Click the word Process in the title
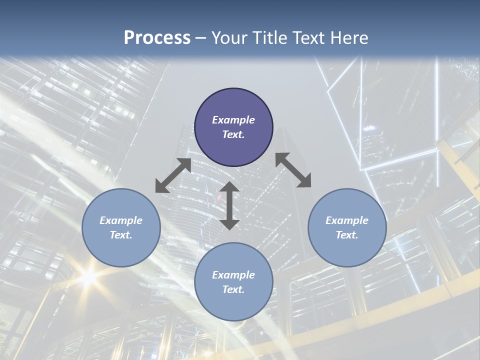coord(157,38)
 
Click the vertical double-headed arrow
coord(229,205)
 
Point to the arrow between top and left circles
coord(173,175)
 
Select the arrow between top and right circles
coord(293,170)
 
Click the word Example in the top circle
coord(233,120)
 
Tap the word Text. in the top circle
coord(233,134)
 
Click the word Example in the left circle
coord(121,220)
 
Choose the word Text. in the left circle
coord(121,235)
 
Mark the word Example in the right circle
coord(347,220)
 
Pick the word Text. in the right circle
coord(347,235)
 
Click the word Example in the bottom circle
coord(233,275)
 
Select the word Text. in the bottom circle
coord(233,289)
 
